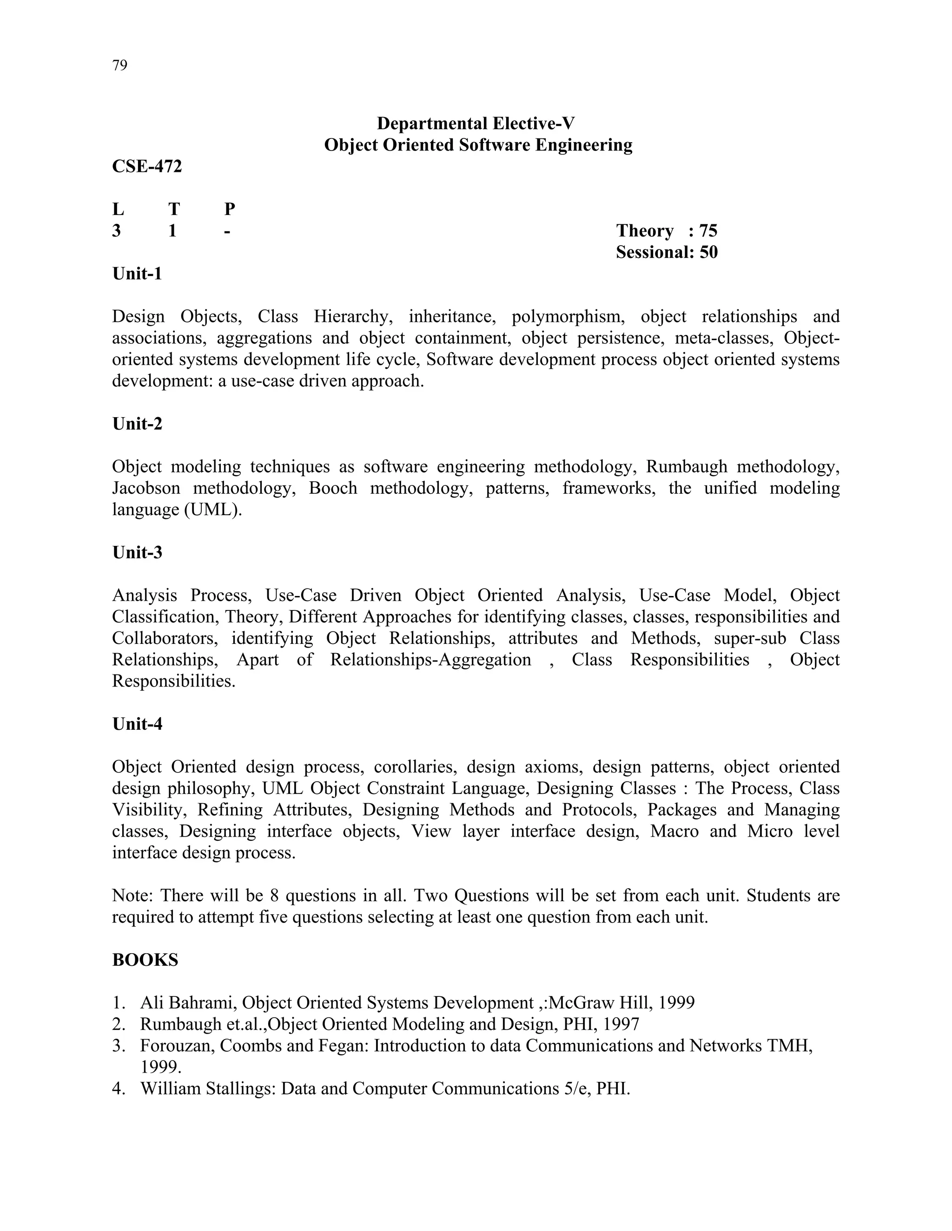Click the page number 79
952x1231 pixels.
click(x=119, y=65)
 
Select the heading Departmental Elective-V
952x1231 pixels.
click(x=476, y=124)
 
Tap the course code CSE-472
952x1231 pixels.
click(x=147, y=166)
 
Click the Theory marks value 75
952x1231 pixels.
click(x=708, y=230)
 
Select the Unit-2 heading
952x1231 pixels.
click(x=137, y=423)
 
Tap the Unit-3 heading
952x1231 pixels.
click(x=137, y=552)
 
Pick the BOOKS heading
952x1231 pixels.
click(x=145, y=960)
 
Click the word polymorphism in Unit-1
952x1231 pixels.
click(x=568, y=317)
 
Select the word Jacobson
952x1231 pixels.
click(x=146, y=488)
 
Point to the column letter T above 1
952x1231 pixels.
click(x=174, y=209)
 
